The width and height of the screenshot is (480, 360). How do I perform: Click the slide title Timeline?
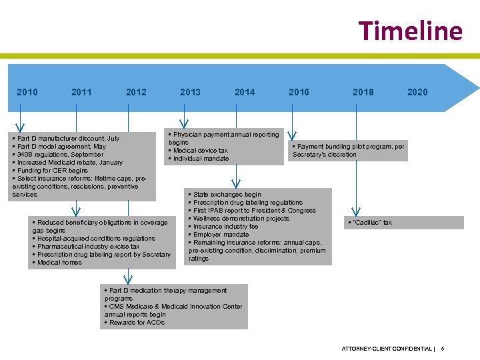410,31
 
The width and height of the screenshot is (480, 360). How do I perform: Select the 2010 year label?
27,92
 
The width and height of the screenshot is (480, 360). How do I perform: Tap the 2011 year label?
81,92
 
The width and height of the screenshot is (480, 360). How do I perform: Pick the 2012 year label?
136,92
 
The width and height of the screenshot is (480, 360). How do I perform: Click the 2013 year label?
190,92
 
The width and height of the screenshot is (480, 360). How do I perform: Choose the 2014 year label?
245,92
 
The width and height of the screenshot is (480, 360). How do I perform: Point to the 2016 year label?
299,92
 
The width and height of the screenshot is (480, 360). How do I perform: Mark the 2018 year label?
363,92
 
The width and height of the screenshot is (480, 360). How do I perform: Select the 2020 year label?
417,92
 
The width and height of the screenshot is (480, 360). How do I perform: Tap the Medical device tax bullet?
200,151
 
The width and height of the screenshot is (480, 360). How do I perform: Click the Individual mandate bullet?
201,159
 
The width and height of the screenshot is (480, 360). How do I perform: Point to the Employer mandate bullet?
221,235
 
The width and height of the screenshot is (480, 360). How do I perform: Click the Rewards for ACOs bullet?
136,323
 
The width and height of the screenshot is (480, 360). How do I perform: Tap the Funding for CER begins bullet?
52,171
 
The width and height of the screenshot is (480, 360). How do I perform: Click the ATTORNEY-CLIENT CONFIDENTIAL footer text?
387,349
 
